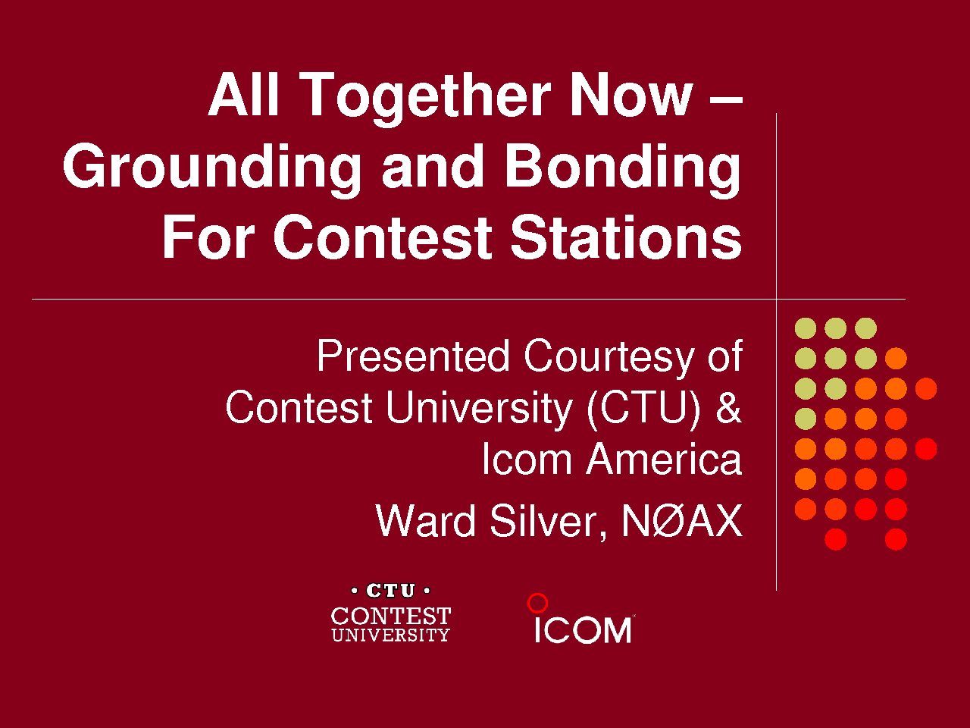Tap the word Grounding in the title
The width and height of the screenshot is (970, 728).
(x=211, y=169)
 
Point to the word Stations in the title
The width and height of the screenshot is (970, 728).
(x=626, y=237)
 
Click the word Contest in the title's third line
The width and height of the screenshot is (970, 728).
(x=383, y=237)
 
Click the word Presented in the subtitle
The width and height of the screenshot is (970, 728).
(x=414, y=356)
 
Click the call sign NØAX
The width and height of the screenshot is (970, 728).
(x=681, y=521)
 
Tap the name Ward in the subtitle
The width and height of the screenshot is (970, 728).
(x=425, y=521)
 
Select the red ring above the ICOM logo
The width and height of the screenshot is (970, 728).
(x=537, y=603)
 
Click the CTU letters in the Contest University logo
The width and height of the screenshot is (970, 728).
(x=390, y=591)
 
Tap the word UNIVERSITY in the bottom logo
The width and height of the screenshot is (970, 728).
(x=390, y=635)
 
